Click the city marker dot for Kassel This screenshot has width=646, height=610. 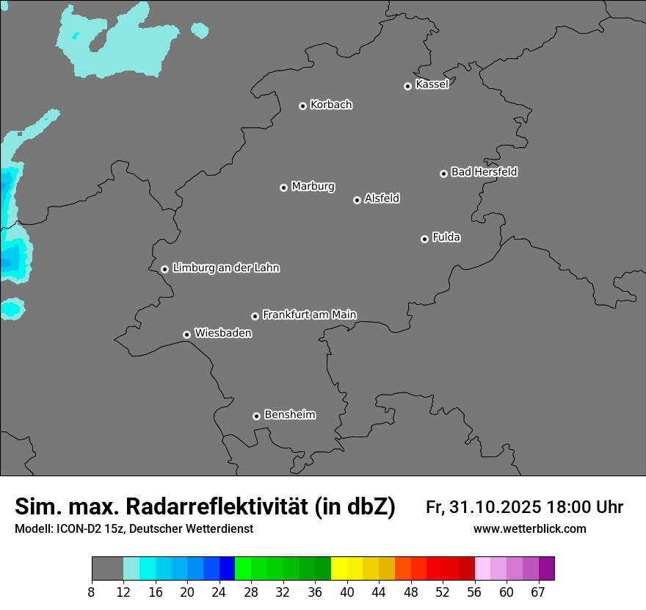tap(407, 86)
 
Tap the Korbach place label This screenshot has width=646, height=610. tap(331, 104)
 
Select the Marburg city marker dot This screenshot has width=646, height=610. tap(283, 187)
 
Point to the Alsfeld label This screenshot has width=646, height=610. tap(382, 198)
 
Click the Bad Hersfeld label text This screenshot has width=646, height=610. tap(484, 172)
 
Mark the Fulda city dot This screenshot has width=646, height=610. tap(424, 239)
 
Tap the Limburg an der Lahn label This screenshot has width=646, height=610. tap(225, 268)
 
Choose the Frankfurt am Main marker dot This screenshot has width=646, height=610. tap(255, 316)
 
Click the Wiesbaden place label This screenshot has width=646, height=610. tap(222, 333)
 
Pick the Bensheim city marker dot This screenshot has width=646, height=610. tap(256, 416)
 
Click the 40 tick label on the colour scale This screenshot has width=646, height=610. tap(347, 592)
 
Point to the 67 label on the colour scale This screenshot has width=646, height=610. tap(538, 592)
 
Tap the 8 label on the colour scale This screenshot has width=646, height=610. tap(92, 592)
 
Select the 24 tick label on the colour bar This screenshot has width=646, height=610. tap(219, 592)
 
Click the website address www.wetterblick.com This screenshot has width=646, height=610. tap(529, 528)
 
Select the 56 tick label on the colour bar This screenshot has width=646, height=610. tap(474, 592)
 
